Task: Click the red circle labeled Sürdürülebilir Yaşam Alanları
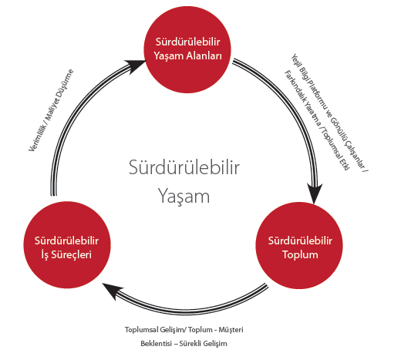(x=187, y=49)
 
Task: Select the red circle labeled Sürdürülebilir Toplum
(x=299, y=245)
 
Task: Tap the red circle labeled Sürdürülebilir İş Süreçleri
(x=67, y=245)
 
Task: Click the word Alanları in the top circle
(x=204, y=56)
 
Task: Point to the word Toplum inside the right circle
(x=300, y=254)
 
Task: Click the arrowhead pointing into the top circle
(x=136, y=66)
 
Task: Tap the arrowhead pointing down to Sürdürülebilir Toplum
(x=314, y=193)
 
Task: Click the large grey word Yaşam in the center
(x=184, y=197)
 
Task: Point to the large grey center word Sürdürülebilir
(x=184, y=167)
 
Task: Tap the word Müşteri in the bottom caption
(x=231, y=330)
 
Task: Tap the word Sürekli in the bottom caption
(x=190, y=344)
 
